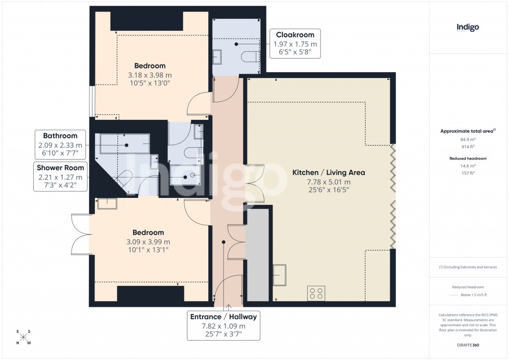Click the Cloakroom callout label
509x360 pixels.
click(295, 44)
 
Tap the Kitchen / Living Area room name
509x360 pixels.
click(328, 173)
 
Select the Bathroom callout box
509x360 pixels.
click(60, 145)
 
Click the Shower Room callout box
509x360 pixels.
click(60, 177)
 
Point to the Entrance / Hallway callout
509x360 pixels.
click(224, 326)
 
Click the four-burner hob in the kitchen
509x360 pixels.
click(316, 293)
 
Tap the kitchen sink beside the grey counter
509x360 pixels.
click(280, 275)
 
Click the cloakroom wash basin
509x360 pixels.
click(219, 57)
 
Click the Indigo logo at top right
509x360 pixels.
click(468, 27)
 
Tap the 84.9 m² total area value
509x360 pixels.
click(468, 140)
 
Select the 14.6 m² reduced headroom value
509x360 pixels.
click(468, 166)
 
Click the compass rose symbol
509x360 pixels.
click(23, 337)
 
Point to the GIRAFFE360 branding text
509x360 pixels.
click(468, 345)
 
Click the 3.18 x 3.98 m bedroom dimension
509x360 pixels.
click(150, 75)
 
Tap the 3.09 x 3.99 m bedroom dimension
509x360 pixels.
click(148, 242)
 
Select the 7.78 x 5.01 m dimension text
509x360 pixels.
click(328, 182)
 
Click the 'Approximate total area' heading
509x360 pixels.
click(467, 131)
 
